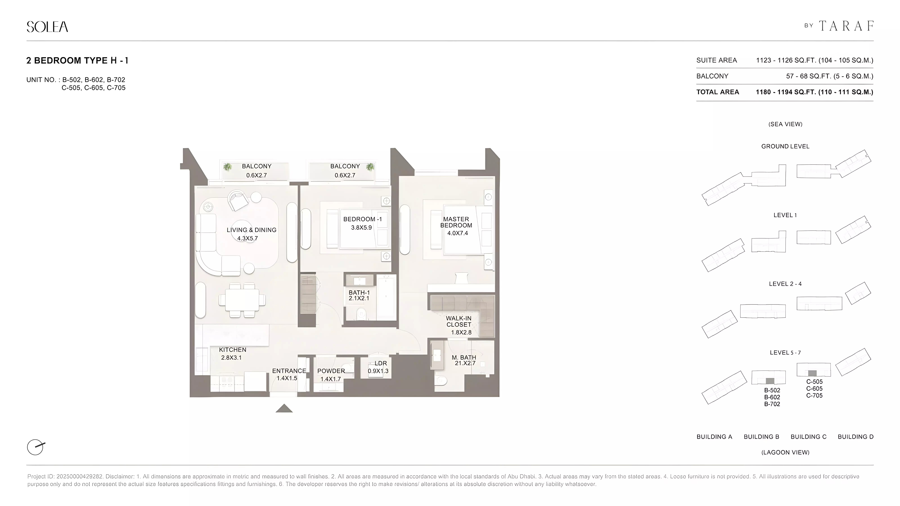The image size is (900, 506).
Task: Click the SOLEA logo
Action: pyautogui.click(x=47, y=27)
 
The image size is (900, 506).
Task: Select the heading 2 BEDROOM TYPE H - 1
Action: pyautogui.click(x=77, y=60)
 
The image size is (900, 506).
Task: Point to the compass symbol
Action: pyautogui.click(x=36, y=447)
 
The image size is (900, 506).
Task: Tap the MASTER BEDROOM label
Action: pyautogui.click(x=456, y=222)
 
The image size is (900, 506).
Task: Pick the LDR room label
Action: pyautogui.click(x=381, y=363)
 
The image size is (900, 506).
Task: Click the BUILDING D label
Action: pyautogui.click(x=855, y=437)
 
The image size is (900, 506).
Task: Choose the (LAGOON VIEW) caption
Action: pyautogui.click(x=785, y=452)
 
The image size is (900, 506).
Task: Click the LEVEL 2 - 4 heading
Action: pyautogui.click(x=785, y=284)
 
